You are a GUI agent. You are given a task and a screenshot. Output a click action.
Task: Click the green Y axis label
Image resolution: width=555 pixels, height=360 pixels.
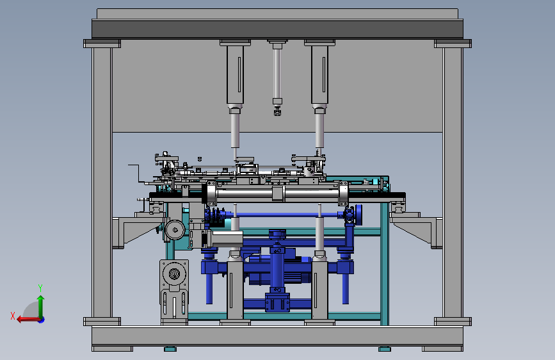(x=40, y=288)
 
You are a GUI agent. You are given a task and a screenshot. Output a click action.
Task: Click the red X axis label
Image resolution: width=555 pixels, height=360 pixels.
(x=13, y=316)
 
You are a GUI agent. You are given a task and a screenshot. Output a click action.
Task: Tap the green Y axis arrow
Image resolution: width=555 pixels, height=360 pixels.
(x=41, y=307)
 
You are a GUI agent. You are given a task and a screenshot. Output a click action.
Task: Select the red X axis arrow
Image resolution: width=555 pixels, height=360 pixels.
(x=28, y=320)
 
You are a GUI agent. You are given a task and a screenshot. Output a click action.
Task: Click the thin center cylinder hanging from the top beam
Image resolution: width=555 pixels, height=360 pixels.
(x=277, y=74)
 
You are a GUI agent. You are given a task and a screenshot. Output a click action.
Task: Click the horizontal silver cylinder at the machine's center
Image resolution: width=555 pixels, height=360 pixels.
(x=277, y=194)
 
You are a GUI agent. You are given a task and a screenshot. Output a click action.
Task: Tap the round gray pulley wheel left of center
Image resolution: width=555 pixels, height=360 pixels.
(x=175, y=230)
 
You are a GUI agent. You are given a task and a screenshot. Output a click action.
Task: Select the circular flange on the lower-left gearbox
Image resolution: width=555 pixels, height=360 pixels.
(x=174, y=274)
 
